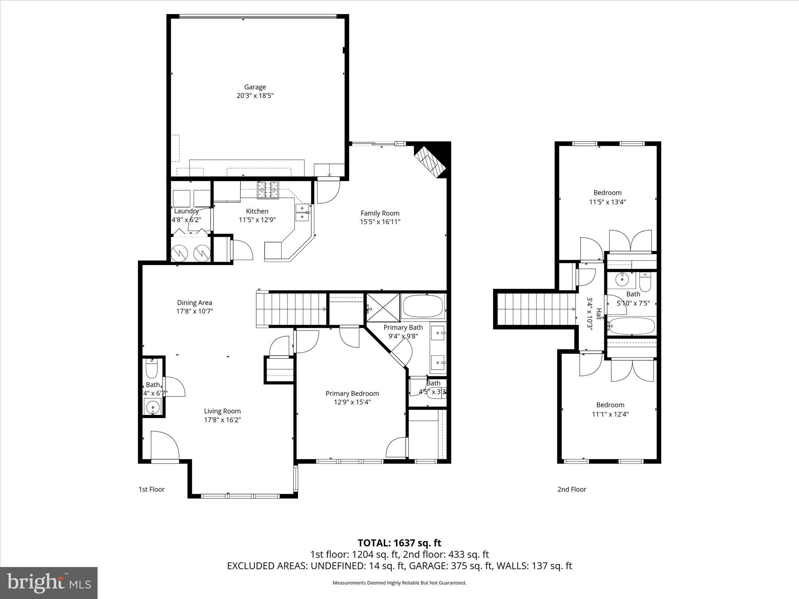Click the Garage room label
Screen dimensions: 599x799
click(x=255, y=87)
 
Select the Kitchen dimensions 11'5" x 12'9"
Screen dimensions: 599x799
click(x=257, y=220)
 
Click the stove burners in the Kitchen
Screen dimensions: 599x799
click(x=268, y=190)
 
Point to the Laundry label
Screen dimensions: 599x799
click(x=186, y=211)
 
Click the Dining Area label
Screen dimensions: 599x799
click(x=194, y=303)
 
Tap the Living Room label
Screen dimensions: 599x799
click(x=222, y=411)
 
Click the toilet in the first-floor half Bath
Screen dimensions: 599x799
click(x=151, y=367)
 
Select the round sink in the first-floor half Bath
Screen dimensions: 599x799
click(x=152, y=407)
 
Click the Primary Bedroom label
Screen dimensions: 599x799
click(x=352, y=393)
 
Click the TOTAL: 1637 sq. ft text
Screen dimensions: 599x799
click(x=399, y=543)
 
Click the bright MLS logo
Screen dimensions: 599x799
click(x=48, y=583)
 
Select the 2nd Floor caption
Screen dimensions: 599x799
click(x=572, y=489)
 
